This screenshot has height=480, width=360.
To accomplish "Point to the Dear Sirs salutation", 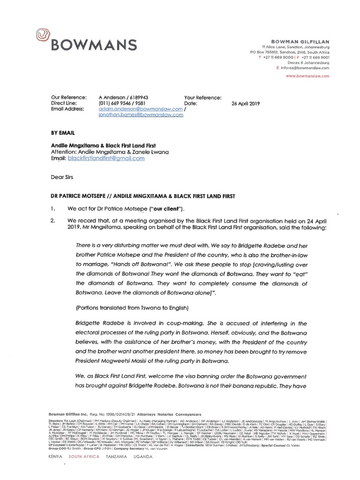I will tap(62, 177).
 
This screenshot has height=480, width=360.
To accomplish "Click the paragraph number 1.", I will tap(53, 207).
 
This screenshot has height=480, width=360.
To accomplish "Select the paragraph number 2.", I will tap(53, 220).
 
